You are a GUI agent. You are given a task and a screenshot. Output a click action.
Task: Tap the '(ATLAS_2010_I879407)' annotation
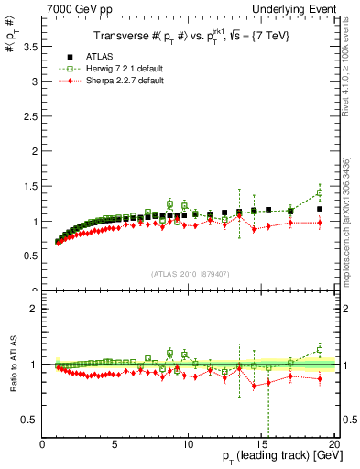190,272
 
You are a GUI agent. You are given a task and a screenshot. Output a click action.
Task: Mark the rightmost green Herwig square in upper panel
319,192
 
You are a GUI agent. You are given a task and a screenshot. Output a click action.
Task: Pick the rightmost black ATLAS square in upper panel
319,209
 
